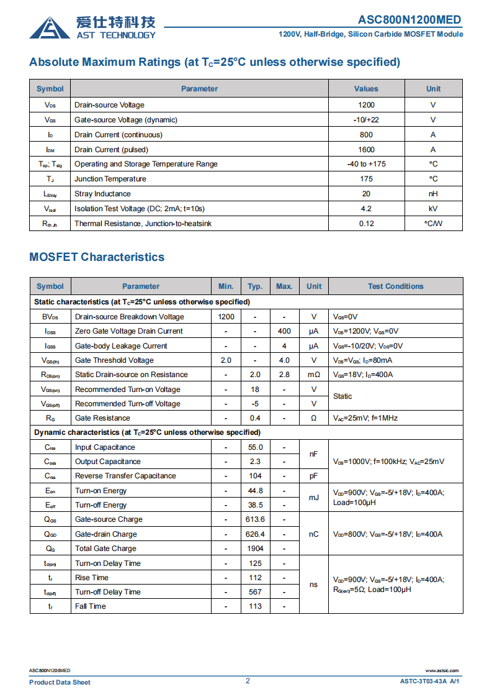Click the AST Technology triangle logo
pyautogui.click(x=50, y=28)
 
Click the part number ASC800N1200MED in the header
pyautogui.click(x=410, y=20)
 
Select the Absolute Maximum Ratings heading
pyautogui.click(x=215, y=62)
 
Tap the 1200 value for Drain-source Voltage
pyautogui.click(x=366, y=105)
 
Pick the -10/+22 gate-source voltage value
pyautogui.click(x=366, y=120)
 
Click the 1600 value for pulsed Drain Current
pyautogui.click(x=366, y=150)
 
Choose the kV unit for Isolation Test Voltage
pyautogui.click(x=433, y=209)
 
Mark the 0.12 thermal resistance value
pyautogui.click(x=366, y=224)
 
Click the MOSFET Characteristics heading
pyautogui.click(x=97, y=257)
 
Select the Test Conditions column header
pyautogui.click(x=395, y=286)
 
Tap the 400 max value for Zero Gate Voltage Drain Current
pyautogui.click(x=284, y=331)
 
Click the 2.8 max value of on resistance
pyautogui.click(x=284, y=375)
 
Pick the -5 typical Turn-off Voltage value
pyautogui.click(x=255, y=404)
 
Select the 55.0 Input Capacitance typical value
pyautogui.click(x=255, y=447)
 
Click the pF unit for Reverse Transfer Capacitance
pyautogui.click(x=313, y=476)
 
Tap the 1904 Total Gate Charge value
pyautogui.click(x=255, y=549)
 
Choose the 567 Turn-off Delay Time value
pyautogui.click(x=255, y=592)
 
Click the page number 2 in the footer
pyautogui.click(x=248, y=681)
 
